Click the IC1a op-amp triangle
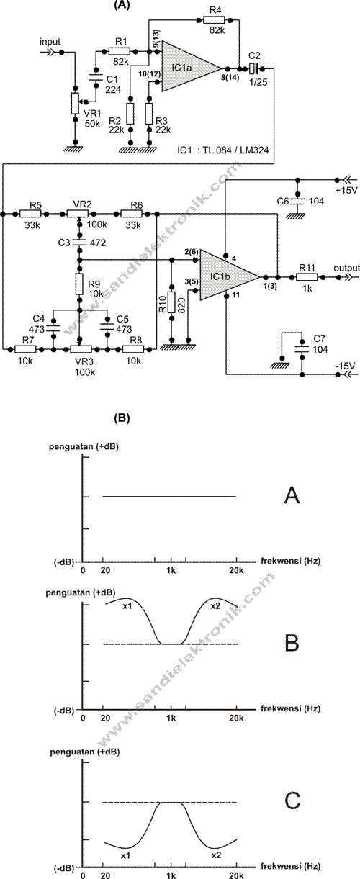(x=189, y=66)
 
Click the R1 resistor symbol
(x=120, y=52)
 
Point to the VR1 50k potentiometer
(x=74, y=104)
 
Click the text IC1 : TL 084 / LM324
(x=227, y=153)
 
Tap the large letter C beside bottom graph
(x=292, y=801)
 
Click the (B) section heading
(x=122, y=417)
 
